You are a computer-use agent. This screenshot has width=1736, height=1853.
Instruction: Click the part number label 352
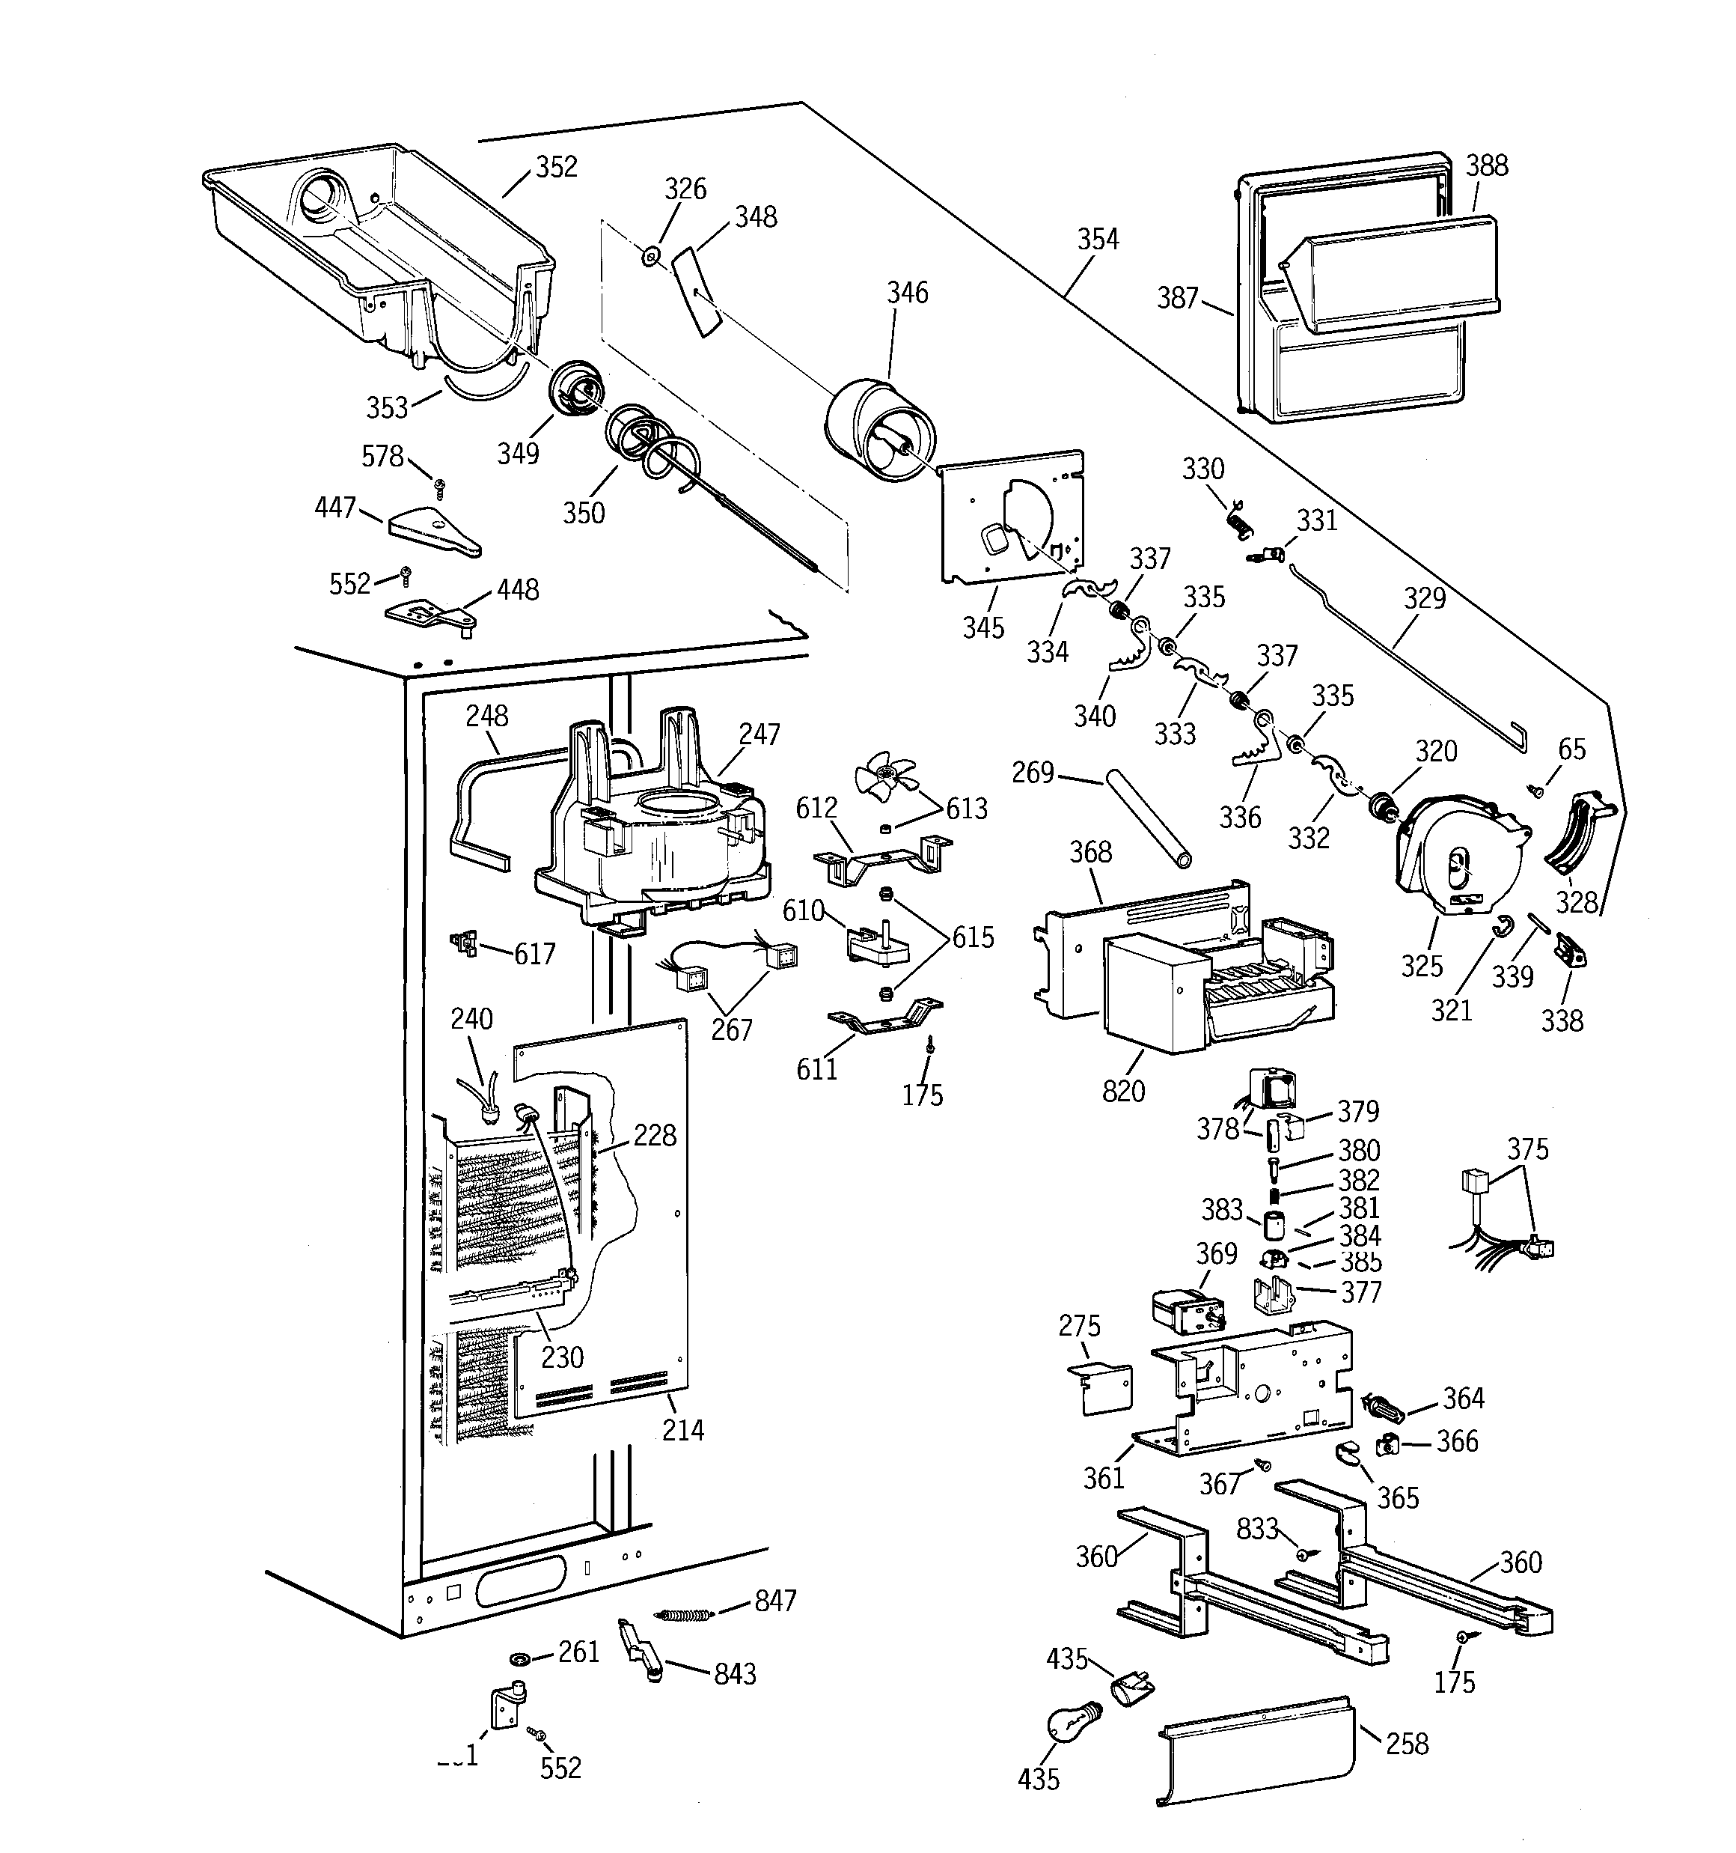coord(556,167)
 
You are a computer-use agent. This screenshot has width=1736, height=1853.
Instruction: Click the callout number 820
coord(1123,1091)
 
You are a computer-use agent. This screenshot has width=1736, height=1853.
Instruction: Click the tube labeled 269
coord(1148,818)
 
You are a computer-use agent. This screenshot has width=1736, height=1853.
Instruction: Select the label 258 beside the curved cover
coord(1406,1743)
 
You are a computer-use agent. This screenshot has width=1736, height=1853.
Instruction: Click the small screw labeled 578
coord(439,487)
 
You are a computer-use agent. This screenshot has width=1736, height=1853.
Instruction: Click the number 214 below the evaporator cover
coord(683,1430)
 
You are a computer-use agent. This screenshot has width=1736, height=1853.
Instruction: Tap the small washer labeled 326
coord(650,254)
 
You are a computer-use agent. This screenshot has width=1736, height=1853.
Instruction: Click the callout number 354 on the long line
coord(1098,240)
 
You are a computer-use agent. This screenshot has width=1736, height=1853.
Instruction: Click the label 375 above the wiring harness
coord(1527,1149)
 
